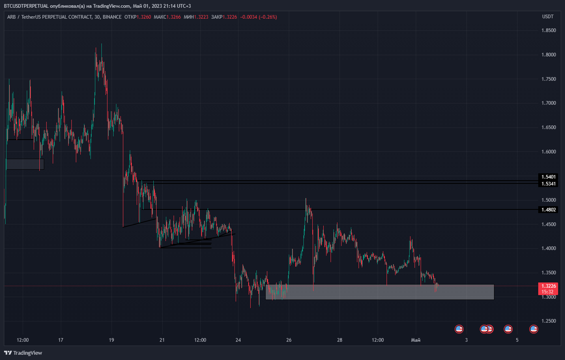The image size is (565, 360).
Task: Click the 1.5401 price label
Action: tap(548, 177)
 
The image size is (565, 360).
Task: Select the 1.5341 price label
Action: tap(548, 184)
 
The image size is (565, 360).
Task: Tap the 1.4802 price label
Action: tap(548, 210)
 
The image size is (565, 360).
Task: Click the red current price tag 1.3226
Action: tap(548, 286)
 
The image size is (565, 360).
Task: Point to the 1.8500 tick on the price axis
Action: tap(549, 30)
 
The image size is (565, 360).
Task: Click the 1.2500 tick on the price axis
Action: tap(549, 321)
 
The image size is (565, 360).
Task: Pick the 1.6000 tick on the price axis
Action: tap(549, 152)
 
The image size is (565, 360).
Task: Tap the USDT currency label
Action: tap(548, 17)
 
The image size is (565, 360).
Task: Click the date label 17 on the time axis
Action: tap(61, 340)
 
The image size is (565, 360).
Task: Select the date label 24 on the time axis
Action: tap(238, 340)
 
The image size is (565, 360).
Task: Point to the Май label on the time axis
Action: tap(416, 340)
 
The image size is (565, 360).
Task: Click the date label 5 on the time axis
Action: tap(517, 340)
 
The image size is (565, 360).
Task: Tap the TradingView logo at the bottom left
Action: tap(23, 353)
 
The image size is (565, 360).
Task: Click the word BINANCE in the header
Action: tap(112, 17)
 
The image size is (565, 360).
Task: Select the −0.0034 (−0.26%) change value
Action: tap(258, 17)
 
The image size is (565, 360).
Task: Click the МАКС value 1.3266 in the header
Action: tap(174, 17)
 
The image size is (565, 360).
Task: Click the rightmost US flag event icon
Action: tap(534, 329)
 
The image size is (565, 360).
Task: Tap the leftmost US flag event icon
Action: tap(459, 329)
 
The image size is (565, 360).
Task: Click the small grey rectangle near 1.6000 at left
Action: tap(25, 164)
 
